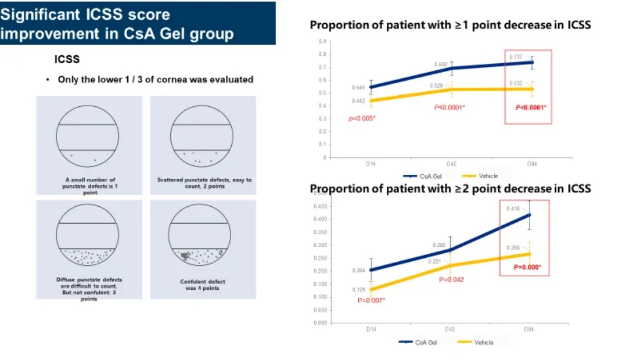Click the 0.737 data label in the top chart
pos(516,57)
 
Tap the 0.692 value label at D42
pos(440,64)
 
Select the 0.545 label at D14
pos(358,88)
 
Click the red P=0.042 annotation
pos(451,279)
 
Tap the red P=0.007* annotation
pos(371,300)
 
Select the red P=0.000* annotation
pos(527,267)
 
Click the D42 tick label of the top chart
pos(450,164)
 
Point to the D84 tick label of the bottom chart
pos(528,329)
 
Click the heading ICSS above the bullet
pos(67,59)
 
